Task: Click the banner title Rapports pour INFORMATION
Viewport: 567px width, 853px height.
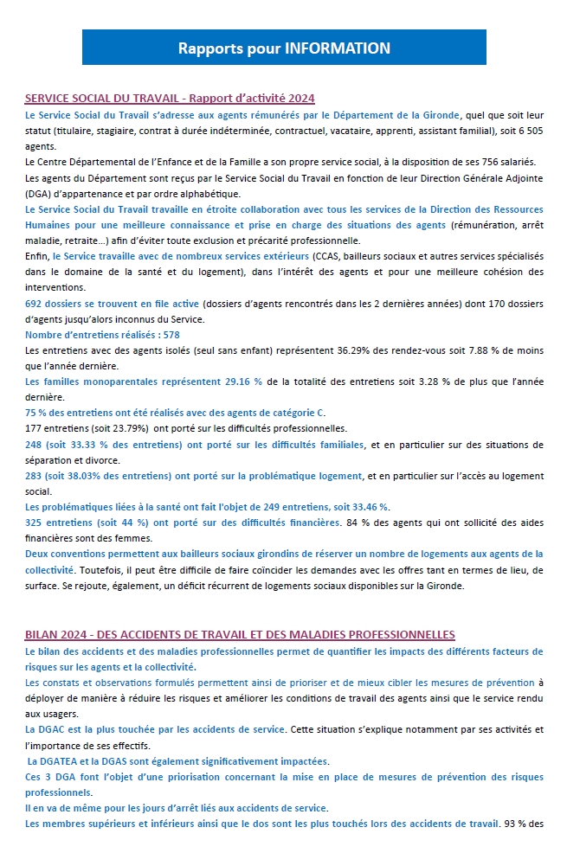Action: click(284, 48)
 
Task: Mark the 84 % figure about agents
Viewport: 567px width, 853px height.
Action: click(357, 522)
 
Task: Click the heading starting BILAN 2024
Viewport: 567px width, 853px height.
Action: click(240, 635)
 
